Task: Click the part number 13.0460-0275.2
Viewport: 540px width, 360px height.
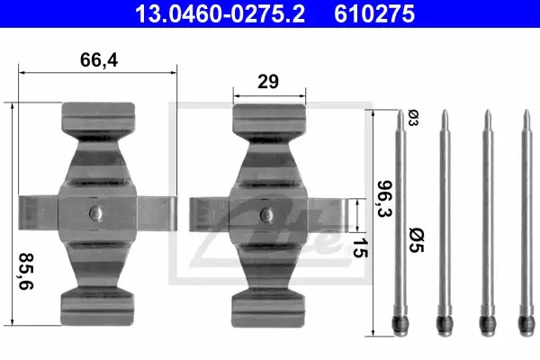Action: tap(220, 13)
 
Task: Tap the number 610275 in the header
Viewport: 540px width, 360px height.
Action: tap(374, 13)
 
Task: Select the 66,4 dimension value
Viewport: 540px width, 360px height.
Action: tap(99, 60)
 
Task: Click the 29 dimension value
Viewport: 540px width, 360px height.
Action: tap(268, 82)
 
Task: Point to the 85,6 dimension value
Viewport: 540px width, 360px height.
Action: tap(26, 271)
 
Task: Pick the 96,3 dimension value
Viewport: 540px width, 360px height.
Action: tap(384, 199)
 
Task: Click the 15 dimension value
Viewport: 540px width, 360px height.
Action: tap(360, 247)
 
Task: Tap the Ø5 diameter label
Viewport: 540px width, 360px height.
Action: tap(416, 240)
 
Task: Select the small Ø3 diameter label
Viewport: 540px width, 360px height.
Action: tap(413, 118)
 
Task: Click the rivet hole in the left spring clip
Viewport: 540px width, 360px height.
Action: tap(96, 213)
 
